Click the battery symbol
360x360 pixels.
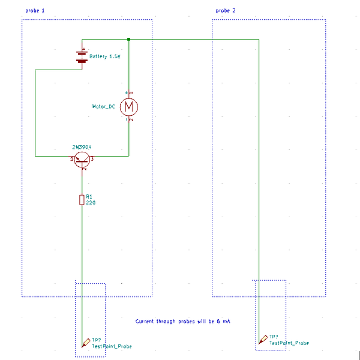coord(82,56)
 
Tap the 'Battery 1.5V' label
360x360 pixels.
coord(105,56)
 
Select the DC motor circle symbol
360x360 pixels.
coord(128,107)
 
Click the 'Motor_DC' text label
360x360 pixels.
coord(103,106)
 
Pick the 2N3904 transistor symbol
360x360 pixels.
coord(82,160)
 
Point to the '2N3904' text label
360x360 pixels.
coord(82,147)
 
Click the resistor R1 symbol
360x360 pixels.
coord(82,200)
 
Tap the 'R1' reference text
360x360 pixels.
coord(89,196)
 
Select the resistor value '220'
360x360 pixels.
coord(91,203)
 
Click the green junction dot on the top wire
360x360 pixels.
coord(128,39)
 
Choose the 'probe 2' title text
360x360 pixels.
coord(226,11)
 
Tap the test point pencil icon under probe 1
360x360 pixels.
coord(86,343)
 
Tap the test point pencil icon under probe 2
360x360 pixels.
coord(263,339)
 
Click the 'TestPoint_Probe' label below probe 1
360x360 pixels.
coord(112,347)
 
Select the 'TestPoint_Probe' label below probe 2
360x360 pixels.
coord(289,343)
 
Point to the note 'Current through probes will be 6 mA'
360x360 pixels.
coord(182,322)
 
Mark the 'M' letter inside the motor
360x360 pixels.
coord(128,107)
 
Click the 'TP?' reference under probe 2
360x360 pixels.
coord(273,337)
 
